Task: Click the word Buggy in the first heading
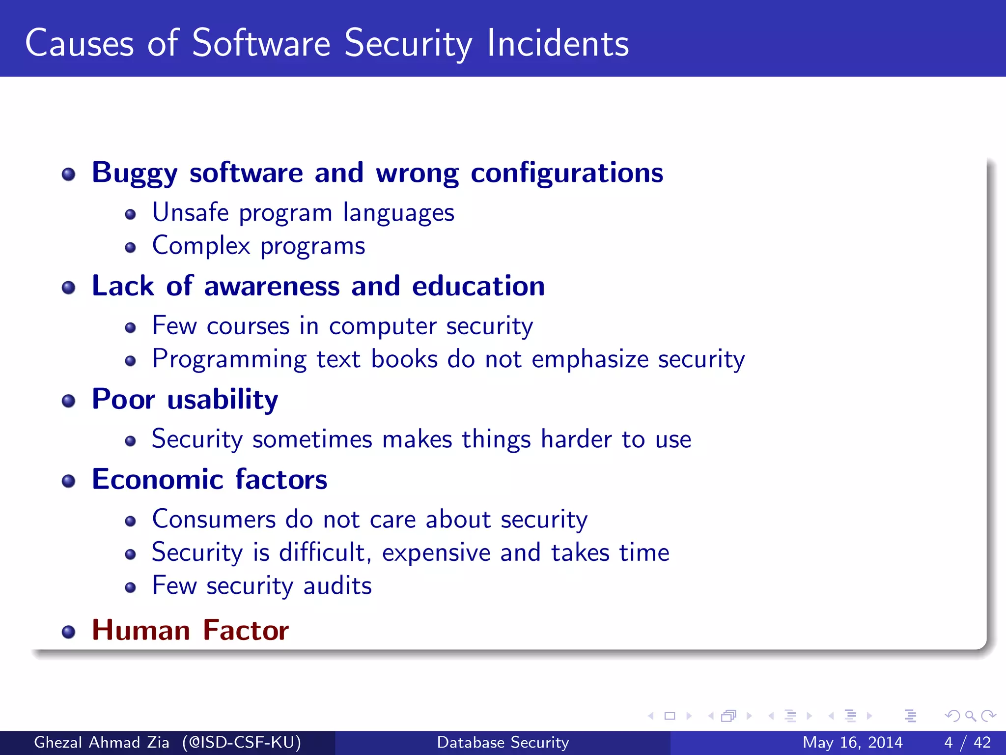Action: (x=135, y=173)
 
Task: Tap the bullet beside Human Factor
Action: (x=69, y=632)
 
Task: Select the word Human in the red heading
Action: (x=141, y=630)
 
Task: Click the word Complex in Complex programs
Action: (x=201, y=245)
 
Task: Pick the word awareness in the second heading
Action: (x=272, y=286)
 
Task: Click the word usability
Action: (x=223, y=399)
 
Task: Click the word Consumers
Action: (x=214, y=520)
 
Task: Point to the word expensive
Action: (x=436, y=553)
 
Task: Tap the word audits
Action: (x=337, y=586)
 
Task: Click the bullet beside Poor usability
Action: (x=69, y=401)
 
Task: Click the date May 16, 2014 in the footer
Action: (x=852, y=742)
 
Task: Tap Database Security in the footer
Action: (x=503, y=742)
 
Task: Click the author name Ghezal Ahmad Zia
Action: (x=102, y=742)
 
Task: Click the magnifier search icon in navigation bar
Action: (x=970, y=716)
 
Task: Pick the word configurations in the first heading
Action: (x=567, y=173)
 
